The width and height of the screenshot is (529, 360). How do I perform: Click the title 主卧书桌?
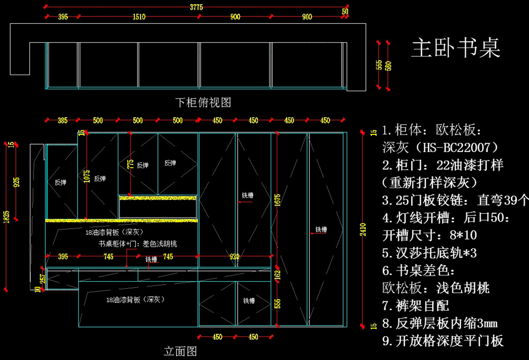click(456, 48)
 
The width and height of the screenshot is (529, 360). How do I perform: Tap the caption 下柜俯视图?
click(203, 103)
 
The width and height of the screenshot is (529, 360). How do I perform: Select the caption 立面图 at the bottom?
click(180, 351)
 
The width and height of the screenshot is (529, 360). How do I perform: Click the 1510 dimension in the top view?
click(139, 17)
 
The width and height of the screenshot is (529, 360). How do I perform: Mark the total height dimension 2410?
click(363, 229)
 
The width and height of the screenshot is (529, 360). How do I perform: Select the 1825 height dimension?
click(6, 216)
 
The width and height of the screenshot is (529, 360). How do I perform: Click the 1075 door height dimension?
click(86, 176)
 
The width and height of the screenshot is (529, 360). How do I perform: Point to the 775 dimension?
click(130, 164)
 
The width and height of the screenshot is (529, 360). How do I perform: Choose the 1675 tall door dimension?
click(277, 200)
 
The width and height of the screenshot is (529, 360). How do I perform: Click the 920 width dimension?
click(234, 256)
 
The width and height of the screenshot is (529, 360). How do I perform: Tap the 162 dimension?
click(277, 274)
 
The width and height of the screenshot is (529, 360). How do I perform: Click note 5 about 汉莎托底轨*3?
click(429, 253)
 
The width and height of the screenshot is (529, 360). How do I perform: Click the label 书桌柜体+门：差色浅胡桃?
click(138, 244)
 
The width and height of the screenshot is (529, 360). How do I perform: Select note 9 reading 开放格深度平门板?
click(443, 341)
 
